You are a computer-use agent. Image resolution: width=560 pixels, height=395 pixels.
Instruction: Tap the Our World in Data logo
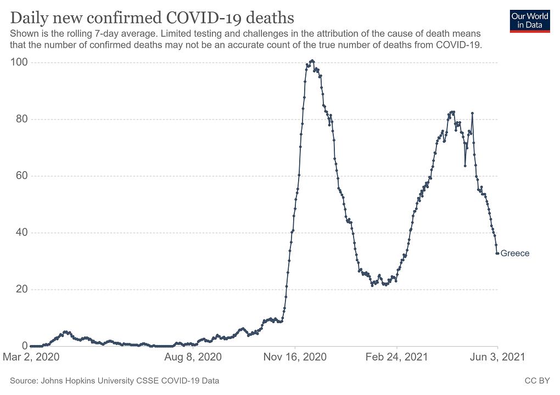(530, 21)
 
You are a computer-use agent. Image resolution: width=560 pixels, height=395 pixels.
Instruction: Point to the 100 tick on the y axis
(19, 63)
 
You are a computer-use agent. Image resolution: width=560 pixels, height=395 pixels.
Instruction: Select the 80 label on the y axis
(21, 119)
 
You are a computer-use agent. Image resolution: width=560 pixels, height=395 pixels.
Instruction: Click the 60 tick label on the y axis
(21, 176)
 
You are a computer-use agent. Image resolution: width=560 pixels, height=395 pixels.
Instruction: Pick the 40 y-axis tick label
(21, 233)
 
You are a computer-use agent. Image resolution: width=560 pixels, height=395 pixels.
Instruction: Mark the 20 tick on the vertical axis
(21, 289)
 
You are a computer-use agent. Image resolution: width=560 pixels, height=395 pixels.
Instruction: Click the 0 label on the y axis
(24, 346)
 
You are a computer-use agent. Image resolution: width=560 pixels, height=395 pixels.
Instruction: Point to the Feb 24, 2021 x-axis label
(397, 357)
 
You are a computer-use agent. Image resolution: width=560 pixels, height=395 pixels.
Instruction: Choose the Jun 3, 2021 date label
(498, 357)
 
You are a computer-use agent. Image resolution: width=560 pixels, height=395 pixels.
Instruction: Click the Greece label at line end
(515, 253)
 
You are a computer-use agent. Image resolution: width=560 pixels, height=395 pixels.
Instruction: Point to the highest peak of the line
(312, 60)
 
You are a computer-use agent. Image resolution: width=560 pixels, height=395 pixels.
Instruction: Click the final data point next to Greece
(497, 253)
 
